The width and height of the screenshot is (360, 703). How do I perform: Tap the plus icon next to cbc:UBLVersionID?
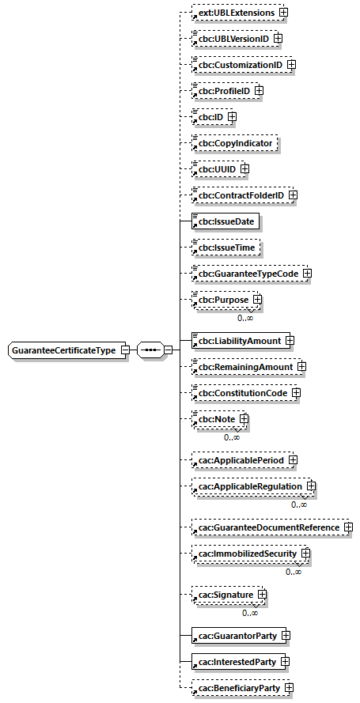point(278,38)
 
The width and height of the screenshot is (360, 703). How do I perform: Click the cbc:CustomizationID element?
point(239,64)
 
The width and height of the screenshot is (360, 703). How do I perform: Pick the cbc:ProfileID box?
point(223,91)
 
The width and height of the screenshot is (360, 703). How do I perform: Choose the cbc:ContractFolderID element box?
point(240,195)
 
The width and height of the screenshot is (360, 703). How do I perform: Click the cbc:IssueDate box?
point(226,221)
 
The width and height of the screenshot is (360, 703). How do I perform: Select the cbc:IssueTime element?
point(226,248)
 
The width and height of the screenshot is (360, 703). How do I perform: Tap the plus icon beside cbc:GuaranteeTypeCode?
point(307,274)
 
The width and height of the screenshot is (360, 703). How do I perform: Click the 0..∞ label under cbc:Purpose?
point(245,318)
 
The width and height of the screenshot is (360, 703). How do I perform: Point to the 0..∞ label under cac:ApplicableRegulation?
point(298,505)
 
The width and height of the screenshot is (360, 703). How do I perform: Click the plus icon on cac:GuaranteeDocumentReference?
point(347,527)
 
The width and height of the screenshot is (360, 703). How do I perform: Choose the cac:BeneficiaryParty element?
point(237,689)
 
